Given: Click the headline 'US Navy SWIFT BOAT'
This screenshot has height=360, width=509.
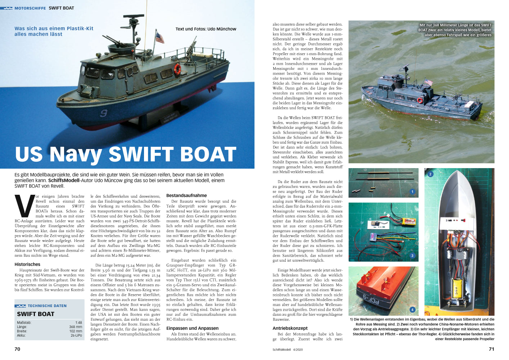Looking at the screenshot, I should (x=126, y=154).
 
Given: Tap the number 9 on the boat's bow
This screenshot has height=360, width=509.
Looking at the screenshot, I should (x=104, y=113).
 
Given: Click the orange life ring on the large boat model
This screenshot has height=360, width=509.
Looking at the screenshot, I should (x=177, y=69).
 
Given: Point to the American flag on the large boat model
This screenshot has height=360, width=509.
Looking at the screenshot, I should (x=159, y=37).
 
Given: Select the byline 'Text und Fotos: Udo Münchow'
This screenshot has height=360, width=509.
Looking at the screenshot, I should (x=206, y=29).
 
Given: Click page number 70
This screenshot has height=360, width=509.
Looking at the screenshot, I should (x=17, y=349).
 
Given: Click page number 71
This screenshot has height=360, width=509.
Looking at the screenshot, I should (x=491, y=349).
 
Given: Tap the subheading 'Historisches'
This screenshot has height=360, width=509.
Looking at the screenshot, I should (x=27, y=264).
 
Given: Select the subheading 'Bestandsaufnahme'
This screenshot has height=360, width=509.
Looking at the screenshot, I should (x=186, y=195).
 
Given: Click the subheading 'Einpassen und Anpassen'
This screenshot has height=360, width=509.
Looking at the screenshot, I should (x=192, y=328).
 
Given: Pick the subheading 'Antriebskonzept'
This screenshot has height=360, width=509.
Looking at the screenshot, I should (x=290, y=328).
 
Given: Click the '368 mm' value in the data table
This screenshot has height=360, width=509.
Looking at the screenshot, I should (x=76, y=327).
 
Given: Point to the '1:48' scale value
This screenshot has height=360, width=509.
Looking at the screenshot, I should (x=78, y=323).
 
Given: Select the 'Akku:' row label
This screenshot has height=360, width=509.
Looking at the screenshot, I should (x=21, y=335).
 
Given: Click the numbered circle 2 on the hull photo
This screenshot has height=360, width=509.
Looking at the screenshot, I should (x=430, y=174).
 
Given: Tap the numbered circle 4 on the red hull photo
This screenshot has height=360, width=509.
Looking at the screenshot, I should (x=412, y=310).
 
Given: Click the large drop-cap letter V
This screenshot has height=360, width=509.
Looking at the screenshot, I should (x=24, y=206).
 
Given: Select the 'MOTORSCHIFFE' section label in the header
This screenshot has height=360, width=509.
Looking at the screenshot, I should (x=30, y=8).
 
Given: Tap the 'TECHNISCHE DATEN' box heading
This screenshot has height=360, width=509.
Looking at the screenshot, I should (x=47, y=306).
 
